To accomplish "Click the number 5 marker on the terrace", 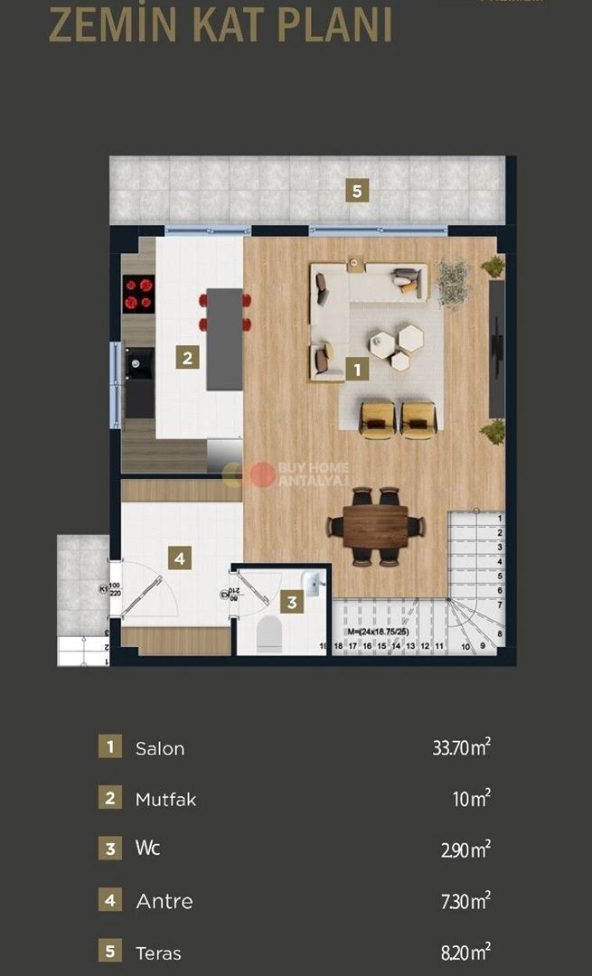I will (357, 191).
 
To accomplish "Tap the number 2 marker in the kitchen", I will (187, 357).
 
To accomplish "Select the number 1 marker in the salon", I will (357, 369).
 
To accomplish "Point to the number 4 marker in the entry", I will (180, 558).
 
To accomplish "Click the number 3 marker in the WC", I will (291, 601).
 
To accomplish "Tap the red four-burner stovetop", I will (139, 293).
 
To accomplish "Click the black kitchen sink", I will (139, 365).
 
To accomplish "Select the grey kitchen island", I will (224, 339).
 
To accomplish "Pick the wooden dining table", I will (375, 526).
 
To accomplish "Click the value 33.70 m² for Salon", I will (462, 747).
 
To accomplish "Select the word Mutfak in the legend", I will (165, 799).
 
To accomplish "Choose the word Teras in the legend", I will (158, 953).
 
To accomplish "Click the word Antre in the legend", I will (164, 901).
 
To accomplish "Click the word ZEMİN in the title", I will (107, 26).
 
